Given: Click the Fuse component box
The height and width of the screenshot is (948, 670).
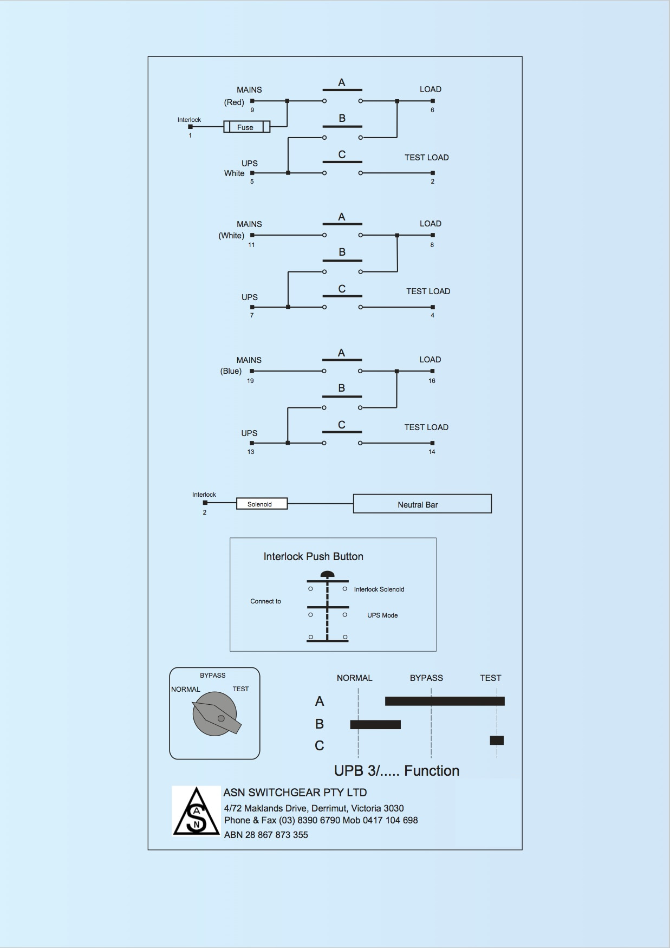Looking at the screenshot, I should click(246, 127).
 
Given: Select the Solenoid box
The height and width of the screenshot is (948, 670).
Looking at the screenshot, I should click(262, 504).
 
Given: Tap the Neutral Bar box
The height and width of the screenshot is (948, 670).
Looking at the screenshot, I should click(422, 504).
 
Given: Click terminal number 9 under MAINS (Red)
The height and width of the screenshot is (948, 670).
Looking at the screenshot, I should click(252, 110).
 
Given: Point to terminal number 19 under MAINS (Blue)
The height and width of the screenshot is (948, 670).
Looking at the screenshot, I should click(250, 381).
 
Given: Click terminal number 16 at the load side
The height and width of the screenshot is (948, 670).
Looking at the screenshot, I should click(432, 381).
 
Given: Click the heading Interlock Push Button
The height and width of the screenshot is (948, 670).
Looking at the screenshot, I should click(313, 556).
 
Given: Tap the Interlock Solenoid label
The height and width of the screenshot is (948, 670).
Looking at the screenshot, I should click(379, 589).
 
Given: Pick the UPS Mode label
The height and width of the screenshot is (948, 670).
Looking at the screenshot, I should click(382, 615).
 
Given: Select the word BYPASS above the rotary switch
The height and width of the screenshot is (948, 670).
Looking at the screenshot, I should click(212, 676).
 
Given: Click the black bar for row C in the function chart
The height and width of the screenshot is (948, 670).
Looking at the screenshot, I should click(497, 741).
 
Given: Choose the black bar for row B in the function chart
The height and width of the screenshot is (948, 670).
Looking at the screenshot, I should click(375, 724).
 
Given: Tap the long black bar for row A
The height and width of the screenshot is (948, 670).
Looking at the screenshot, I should click(445, 701).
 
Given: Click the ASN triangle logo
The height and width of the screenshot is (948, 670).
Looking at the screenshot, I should click(196, 811).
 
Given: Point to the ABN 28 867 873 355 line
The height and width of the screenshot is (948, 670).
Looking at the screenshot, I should click(266, 835).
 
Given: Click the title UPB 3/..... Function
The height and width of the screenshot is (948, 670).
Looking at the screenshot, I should click(396, 771).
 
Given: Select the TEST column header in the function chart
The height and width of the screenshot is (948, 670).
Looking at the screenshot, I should click(490, 678).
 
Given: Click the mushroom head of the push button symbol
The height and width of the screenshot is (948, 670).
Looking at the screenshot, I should click(327, 575).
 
